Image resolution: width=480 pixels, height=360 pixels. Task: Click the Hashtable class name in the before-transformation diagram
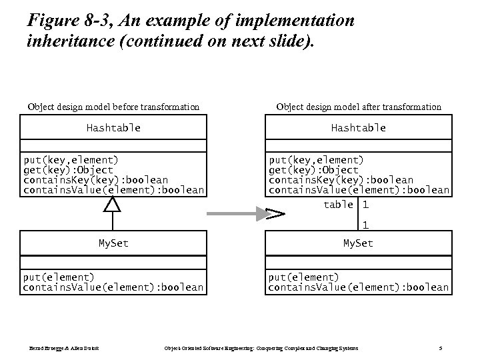(113, 128)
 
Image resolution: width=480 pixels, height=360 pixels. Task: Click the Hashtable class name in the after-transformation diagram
(358, 128)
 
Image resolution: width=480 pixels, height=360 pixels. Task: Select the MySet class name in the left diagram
(113, 243)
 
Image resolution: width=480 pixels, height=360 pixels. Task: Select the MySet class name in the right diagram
(358, 243)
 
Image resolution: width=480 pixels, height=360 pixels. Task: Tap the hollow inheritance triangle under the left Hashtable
(113, 205)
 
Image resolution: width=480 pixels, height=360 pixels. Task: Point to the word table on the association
(338, 205)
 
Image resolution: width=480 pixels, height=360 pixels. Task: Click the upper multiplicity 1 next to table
(365, 205)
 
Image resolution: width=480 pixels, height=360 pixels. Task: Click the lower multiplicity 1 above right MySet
(365, 226)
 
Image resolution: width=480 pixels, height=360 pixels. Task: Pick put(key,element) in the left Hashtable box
(71, 160)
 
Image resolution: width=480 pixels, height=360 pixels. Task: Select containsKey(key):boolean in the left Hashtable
(95, 180)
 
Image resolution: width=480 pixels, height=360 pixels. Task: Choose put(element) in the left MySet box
(59, 277)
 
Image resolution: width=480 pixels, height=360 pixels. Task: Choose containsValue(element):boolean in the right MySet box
(358, 287)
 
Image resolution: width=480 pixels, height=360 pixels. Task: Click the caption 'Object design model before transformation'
(113, 107)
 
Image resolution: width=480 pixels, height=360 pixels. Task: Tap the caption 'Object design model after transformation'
(358, 107)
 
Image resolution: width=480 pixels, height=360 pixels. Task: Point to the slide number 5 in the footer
(441, 348)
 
